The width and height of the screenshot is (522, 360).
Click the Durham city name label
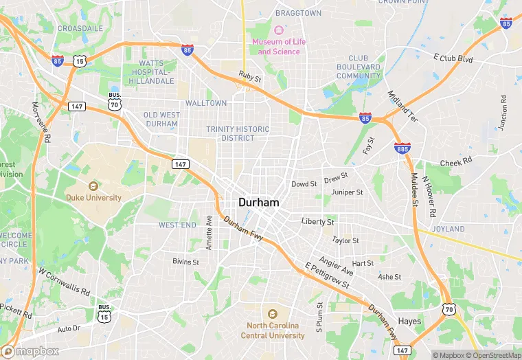259,203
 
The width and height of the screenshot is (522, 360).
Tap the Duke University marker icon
93,185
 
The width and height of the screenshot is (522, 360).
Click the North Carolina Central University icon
272,313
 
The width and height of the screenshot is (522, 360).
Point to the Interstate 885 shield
403,148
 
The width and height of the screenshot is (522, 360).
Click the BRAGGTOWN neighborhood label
298,13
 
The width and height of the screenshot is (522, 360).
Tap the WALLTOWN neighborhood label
206,103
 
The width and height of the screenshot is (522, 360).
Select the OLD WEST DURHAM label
161,119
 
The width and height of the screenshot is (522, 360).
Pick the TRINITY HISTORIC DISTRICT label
238,133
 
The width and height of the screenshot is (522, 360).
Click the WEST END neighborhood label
177,225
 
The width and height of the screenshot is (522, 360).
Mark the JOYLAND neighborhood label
449,229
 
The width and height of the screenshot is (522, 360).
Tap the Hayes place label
410,321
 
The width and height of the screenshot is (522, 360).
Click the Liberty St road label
318,222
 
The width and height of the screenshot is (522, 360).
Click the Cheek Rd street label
456,162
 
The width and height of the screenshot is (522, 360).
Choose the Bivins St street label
185,262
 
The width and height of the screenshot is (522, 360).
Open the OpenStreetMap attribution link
492,355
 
